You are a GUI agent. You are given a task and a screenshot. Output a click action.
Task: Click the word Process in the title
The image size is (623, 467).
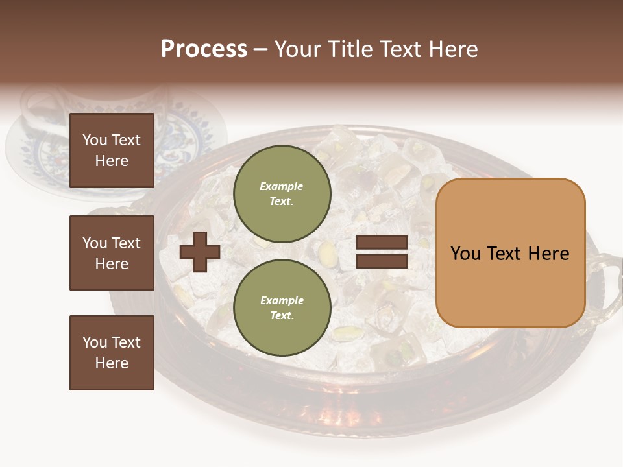tap(204, 49)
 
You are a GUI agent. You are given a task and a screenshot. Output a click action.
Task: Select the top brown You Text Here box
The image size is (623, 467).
tap(112, 150)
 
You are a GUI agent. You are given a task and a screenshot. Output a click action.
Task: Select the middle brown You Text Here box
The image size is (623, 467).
tap(112, 253)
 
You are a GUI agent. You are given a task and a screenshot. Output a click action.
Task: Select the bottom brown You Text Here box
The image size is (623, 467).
tap(112, 352)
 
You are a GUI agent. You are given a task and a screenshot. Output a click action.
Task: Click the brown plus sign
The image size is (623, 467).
tap(199, 252)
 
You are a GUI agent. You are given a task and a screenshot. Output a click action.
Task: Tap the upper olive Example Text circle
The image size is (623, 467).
tap(282, 193)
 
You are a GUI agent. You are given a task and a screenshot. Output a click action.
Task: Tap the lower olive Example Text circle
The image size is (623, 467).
tap(282, 307)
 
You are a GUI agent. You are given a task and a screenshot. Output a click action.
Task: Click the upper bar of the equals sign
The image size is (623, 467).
tap(382, 243)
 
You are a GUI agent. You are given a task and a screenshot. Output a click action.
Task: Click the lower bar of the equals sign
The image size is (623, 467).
tap(382, 261)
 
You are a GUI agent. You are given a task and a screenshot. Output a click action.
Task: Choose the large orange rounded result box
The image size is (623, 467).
tap(510, 253)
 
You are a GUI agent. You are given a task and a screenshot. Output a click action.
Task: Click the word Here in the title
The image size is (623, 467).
tap(452, 49)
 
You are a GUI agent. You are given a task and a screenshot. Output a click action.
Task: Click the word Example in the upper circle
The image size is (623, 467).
tap(282, 186)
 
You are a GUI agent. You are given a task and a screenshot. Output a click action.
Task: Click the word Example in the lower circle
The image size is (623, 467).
tap(282, 300)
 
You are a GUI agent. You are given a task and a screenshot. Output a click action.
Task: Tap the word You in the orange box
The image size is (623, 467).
tap(465, 254)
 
